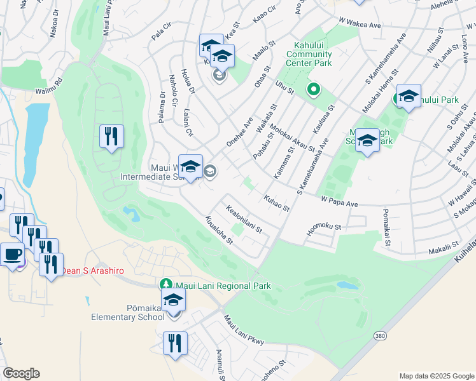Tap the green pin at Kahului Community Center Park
(312, 90)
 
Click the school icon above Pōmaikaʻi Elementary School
(173, 302)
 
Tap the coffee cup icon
(12, 255)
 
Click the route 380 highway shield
(378, 335)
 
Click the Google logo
(21, 373)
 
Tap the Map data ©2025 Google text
(436, 376)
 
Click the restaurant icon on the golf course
(111, 136)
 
